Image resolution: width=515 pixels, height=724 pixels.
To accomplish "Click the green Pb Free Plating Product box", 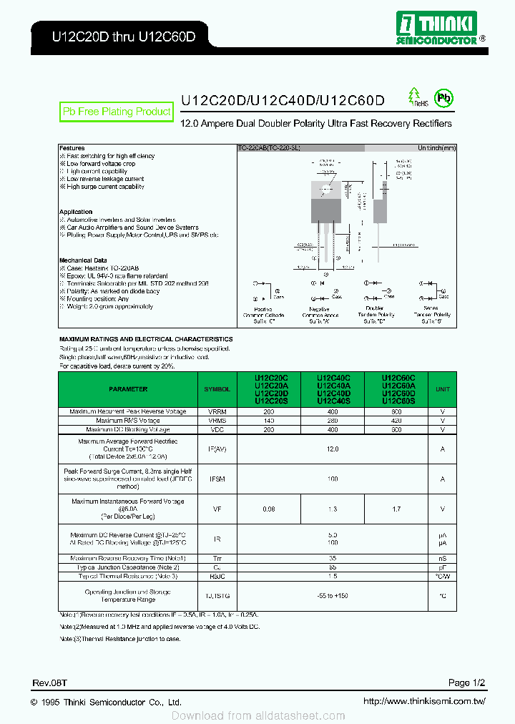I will [x=117, y=112].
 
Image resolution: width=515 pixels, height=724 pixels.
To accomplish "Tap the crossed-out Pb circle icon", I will [x=444, y=99].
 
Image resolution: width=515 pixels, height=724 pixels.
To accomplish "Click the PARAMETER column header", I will [x=128, y=389].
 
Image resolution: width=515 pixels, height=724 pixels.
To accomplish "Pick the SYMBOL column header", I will [x=217, y=389].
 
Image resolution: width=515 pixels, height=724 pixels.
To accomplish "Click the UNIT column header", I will [x=443, y=389].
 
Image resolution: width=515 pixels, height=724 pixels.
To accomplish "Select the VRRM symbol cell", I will [x=217, y=411].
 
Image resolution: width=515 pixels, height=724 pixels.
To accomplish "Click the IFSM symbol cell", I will [x=217, y=479].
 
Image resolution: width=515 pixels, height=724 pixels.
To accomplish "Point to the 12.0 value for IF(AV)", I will [x=332, y=449].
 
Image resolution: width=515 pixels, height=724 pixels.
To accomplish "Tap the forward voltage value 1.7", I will [x=396, y=509].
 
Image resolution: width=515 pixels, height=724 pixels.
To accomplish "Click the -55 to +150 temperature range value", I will [x=332, y=596].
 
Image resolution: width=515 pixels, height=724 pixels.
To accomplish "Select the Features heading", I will [x=72, y=148].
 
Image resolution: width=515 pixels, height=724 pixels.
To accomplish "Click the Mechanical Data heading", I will [x=83, y=260].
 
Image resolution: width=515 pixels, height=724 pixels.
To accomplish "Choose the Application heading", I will [x=76, y=212].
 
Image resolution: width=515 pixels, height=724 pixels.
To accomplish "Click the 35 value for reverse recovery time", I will [x=332, y=557].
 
